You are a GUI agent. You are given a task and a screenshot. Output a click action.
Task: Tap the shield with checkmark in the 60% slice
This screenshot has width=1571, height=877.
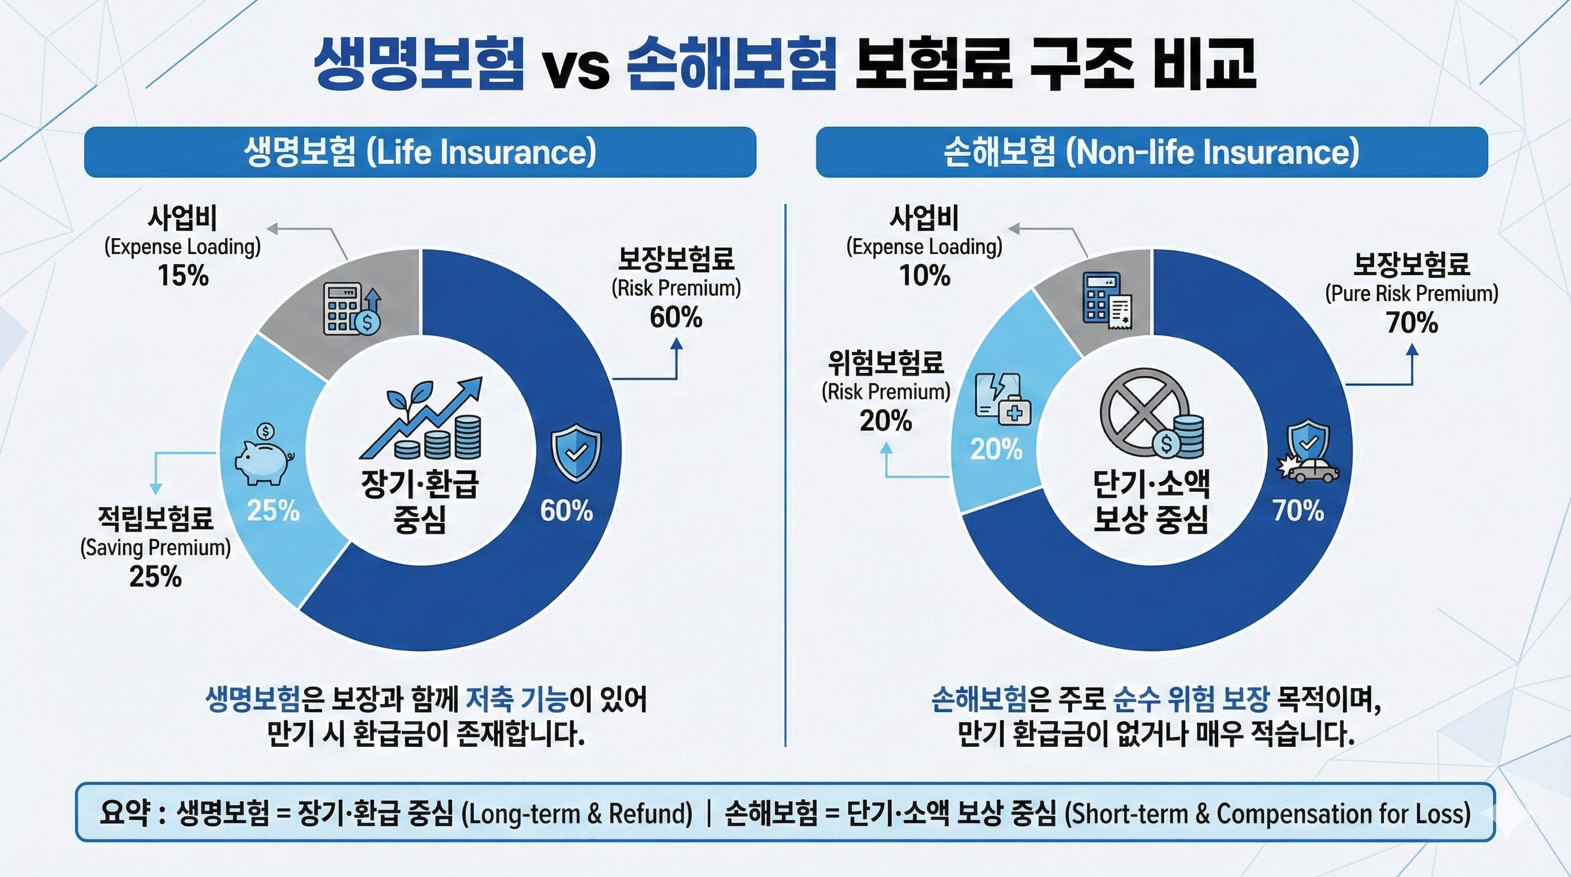click(575, 454)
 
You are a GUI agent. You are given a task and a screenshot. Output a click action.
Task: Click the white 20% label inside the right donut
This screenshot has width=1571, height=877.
click(996, 449)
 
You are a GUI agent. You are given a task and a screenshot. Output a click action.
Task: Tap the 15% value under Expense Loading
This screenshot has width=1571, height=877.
click(183, 276)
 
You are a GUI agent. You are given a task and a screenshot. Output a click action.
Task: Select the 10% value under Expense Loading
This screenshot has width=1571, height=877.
click(925, 276)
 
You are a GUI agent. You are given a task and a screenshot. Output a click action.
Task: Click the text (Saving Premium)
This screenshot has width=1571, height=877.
click(155, 548)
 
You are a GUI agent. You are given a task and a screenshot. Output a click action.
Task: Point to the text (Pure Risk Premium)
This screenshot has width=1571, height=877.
click(1411, 294)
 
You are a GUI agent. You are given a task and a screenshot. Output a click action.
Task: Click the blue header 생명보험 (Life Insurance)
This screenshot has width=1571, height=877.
click(420, 152)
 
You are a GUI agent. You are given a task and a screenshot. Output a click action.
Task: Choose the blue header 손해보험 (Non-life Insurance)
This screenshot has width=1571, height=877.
click(1151, 152)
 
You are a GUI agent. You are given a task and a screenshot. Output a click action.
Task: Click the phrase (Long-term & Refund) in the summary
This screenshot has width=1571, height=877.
click(577, 814)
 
